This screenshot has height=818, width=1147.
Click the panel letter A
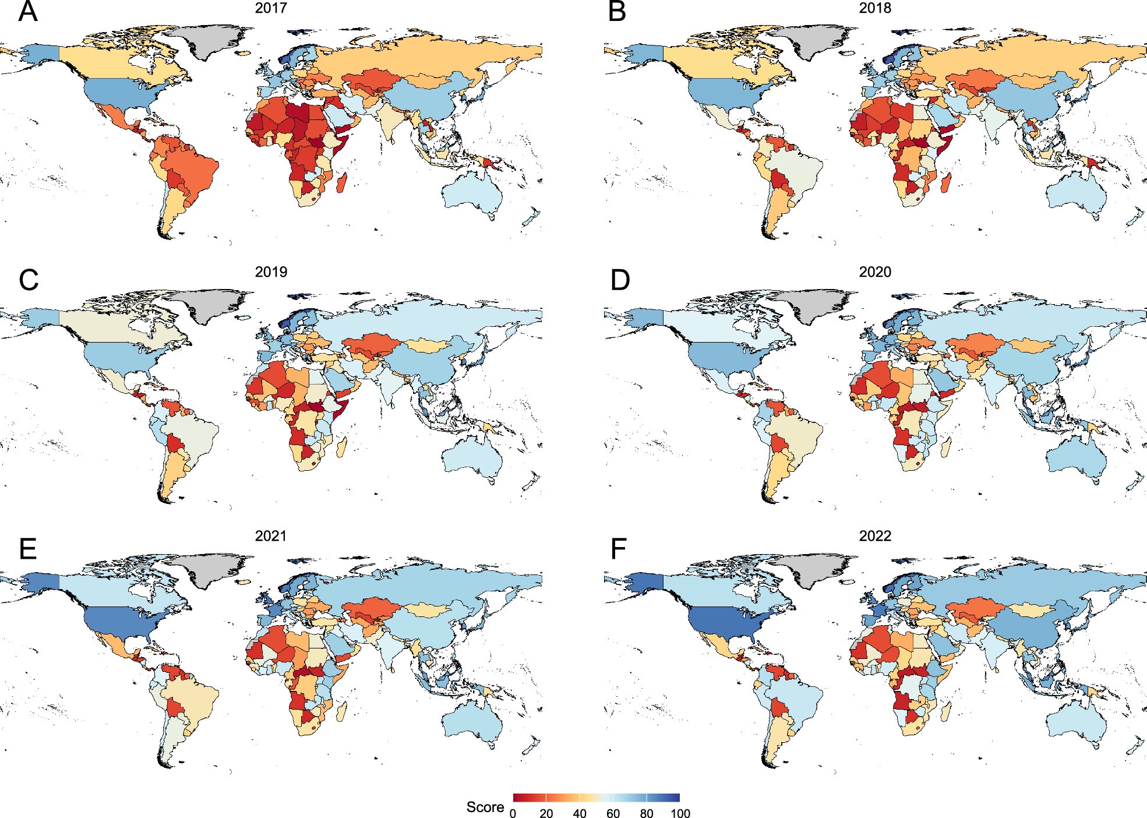[x=27, y=12]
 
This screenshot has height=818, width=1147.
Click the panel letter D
[x=620, y=280]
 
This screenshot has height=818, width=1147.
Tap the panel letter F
[x=618, y=548]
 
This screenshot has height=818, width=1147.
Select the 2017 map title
[x=271, y=8]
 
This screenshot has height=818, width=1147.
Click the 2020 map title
[x=875, y=272]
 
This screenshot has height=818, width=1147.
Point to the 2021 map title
[x=271, y=536]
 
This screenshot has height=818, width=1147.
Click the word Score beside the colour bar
[x=485, y=807]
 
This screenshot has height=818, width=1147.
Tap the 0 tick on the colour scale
[x=513, y=813]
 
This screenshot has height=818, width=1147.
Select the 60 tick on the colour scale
[x=613, y=813]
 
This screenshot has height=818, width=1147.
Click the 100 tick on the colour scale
[x=680, y=813]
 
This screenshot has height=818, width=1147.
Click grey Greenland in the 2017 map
[x=213, y=40]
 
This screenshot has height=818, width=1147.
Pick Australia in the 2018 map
[x=1075, y=195]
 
